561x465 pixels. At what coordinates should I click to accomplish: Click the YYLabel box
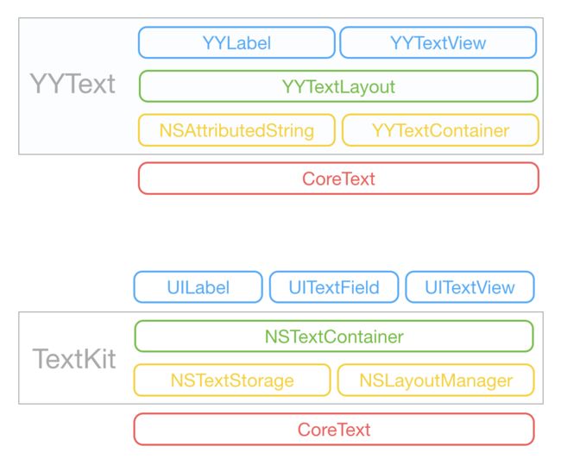[236, 42]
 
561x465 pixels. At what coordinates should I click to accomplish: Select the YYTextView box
[438, 42]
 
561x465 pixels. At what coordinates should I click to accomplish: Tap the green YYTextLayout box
[338, 86]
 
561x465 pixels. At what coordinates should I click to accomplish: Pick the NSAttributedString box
[236, 130]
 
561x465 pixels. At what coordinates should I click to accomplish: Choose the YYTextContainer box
[440, 130]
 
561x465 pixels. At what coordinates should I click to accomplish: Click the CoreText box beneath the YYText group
[338, 179]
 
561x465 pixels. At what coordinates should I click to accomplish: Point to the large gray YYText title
[72, 85]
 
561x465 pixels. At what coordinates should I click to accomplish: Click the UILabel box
[199, 287]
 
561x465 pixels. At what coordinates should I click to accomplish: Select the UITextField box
[334, 287]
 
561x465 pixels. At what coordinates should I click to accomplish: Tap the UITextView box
[470, 287]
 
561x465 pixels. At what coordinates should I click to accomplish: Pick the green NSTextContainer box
[334, 336]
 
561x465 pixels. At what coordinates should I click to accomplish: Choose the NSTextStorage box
[232, 380]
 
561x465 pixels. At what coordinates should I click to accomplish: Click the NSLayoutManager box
[436, 380]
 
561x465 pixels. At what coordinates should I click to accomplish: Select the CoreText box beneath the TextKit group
[334, 430]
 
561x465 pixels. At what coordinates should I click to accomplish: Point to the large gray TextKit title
[74, 358]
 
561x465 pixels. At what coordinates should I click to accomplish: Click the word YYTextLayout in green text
[338, 87]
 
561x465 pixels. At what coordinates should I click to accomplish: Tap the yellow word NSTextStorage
[232, 380]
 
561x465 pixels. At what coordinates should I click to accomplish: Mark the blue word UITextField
[334, 287]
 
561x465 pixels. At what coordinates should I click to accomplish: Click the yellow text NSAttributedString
[236, 131]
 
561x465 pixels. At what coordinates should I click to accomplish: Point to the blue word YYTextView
[438, 43]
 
